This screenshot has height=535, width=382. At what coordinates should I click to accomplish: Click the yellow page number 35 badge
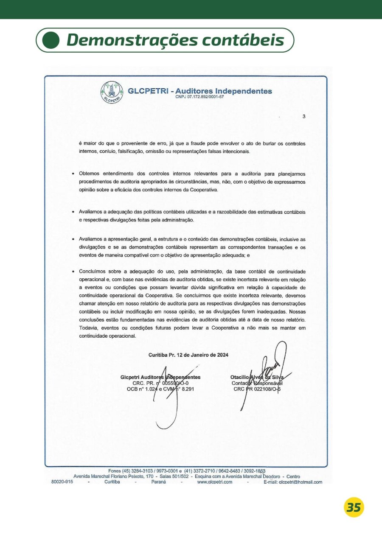(354, 507)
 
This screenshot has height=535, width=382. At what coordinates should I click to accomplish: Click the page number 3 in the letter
(303, 117)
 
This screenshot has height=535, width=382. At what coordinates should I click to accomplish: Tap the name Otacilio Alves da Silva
(257, 377)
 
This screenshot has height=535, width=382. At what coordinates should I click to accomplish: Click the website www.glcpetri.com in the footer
(214, 482)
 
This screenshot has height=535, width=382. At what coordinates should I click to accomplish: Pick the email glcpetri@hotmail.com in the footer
(293, 482)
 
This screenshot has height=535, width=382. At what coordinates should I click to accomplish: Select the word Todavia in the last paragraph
(88, 328)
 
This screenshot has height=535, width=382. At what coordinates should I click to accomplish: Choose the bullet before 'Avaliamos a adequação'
(74, 211)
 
